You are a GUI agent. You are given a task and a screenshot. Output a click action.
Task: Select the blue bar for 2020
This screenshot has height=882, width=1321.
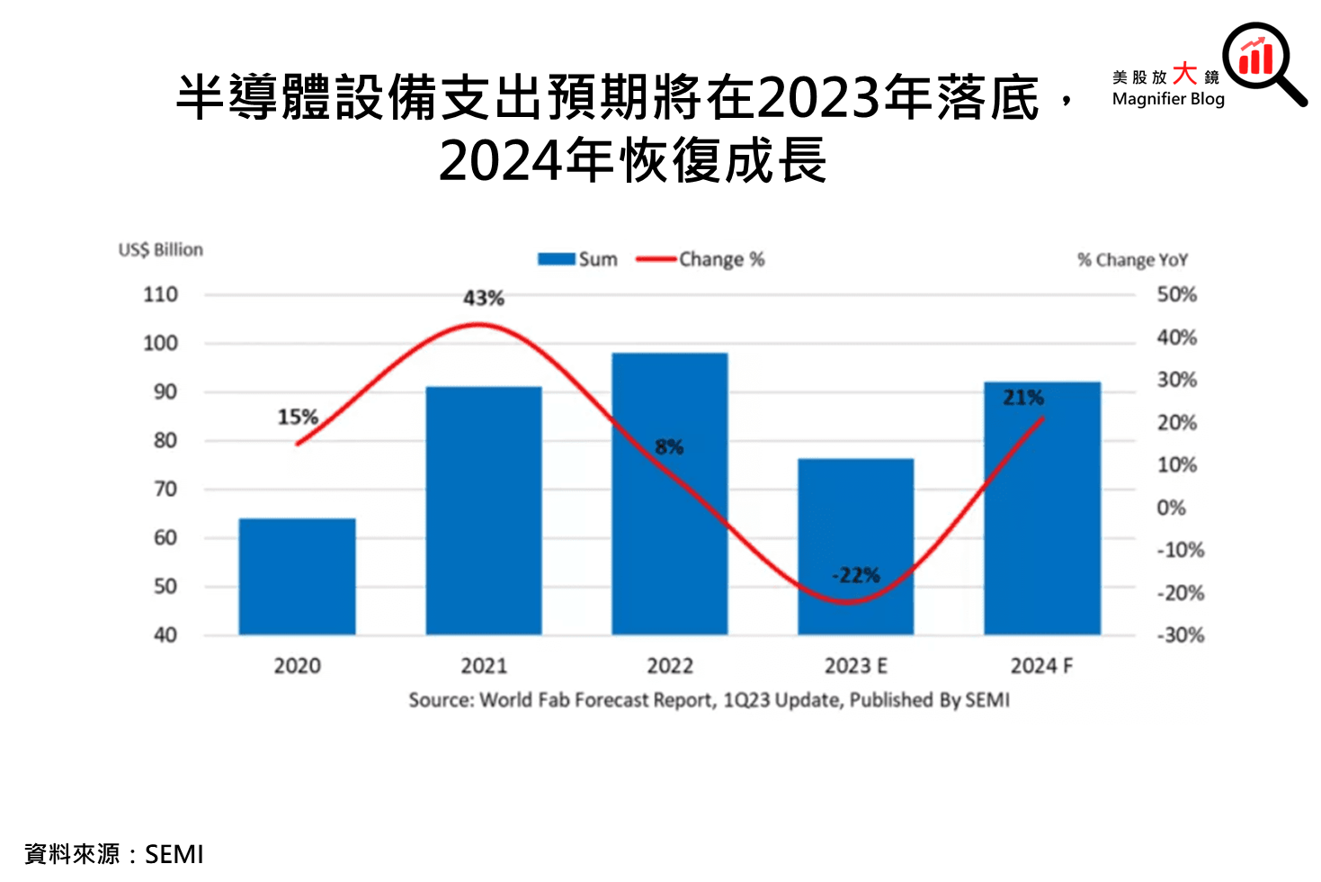[297, 576]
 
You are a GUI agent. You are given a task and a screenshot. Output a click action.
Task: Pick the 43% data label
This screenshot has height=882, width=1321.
[484, 298]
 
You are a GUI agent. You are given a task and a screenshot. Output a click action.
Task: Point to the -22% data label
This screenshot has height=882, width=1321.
[856, 575]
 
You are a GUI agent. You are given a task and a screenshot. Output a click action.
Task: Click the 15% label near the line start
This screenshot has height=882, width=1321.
[298, 417]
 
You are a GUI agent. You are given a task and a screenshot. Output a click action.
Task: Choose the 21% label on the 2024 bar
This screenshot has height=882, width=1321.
[1023, 397]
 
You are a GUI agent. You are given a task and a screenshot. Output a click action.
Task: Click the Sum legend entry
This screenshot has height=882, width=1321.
[578, 259]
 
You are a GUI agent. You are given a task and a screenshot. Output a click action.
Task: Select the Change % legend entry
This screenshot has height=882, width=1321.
[701, 259]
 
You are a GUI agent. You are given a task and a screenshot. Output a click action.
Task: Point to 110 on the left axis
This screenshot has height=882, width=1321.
[160, 294]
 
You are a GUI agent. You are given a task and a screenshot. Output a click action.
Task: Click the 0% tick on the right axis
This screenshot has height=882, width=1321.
[1171, 508]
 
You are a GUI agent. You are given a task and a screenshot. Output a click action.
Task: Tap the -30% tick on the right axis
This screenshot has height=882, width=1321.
[1179, 634]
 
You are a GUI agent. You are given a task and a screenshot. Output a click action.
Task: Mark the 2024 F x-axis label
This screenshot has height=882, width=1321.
[1041, 666]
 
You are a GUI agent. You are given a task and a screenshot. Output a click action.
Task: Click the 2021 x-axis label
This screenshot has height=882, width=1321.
[484, 666]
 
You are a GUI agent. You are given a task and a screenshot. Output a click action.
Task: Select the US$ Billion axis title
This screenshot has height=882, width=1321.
[161, 249]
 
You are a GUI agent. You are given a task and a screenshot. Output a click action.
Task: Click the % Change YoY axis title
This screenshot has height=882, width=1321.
[1132, 260]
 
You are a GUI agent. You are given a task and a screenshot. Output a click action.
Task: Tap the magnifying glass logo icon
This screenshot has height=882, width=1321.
[1262, 61]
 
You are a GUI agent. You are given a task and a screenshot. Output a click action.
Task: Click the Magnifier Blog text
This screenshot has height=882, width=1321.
[1167, 99]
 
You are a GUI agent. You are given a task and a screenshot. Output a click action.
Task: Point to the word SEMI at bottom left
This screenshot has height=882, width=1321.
[174, 854]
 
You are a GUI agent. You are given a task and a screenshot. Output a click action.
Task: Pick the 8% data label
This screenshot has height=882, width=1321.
[669, 446]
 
